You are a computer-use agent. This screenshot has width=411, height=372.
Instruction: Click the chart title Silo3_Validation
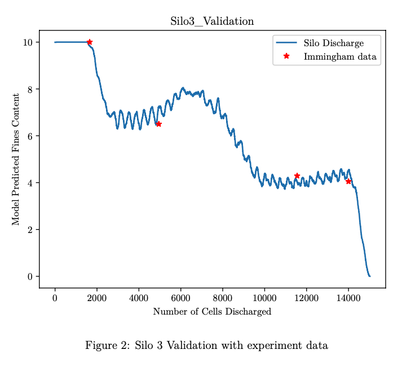pos(212,22)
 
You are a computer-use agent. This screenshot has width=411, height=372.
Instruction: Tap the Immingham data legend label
pos(339,56)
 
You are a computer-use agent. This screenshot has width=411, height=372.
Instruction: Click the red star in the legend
pos(286,56)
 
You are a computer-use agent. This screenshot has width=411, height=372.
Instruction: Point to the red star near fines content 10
pos(89,42)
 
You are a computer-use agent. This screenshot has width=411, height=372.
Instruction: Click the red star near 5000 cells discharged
pos(159,124)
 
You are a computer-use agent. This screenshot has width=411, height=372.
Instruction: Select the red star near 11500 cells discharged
pos(297,176)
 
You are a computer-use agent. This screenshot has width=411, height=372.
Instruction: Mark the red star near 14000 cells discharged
pos(348,181)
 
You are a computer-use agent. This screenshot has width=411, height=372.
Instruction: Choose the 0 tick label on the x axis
pos(55,298)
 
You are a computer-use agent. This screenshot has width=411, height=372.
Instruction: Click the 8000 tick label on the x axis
pos(222,298)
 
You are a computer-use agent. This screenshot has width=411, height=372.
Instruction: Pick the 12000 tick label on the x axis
pos(306,298)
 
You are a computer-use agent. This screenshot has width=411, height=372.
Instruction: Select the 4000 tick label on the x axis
pos(139,298)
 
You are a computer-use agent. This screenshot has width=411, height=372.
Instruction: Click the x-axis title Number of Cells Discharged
pos(212,312)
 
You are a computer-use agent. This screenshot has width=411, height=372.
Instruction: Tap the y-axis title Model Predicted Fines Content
pos(16,159)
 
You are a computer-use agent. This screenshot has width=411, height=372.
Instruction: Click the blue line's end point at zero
pos(369,276)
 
